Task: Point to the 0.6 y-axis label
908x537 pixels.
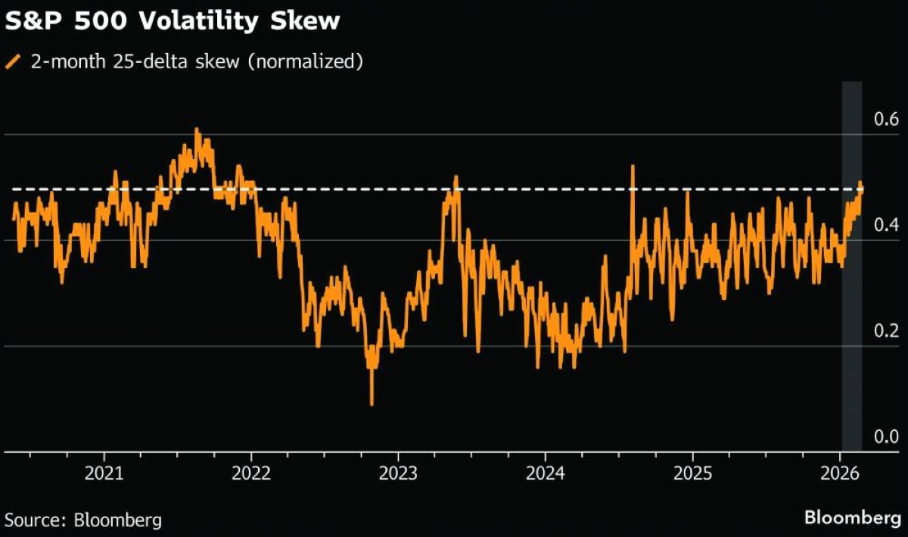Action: click(x=885, y=120)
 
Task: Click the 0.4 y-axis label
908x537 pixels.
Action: click(x=885, y=226)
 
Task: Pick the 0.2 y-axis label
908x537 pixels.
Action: click(x=885, y=331)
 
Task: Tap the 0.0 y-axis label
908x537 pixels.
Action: click(x=885, y=437)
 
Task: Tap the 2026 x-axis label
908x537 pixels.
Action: click(x=840, y=474)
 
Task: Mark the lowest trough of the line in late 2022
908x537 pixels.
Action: click(x=372, y=404)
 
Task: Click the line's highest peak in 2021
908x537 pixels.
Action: click(x=197, y=130)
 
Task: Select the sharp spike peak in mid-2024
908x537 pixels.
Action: click(x=632, y=167)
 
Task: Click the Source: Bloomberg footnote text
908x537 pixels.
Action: click(x=83, y=520)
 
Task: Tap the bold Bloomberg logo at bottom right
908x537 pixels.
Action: click(x=851, y=519)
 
